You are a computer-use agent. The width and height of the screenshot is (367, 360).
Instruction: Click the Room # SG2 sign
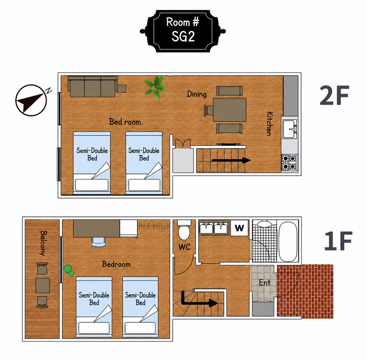[183, 31]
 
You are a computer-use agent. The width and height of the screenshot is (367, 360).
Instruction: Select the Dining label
[197, 94]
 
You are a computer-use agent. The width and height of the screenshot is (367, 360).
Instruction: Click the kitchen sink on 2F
[290, 129]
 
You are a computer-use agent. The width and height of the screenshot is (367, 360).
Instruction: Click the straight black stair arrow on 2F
[231, 160]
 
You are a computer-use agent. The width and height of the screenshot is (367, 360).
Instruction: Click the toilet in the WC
[184, 230]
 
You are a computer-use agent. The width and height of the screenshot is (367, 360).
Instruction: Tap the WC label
[185, 247]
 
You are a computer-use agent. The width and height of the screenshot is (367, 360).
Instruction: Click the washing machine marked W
[239, 228]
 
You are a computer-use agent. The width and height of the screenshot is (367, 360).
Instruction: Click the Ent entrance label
[265, 283]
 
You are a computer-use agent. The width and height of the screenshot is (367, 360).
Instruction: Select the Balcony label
[43, 243]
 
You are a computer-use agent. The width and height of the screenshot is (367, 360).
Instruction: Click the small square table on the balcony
[43, 285]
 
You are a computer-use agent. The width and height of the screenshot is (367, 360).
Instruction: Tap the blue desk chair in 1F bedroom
[99, 242]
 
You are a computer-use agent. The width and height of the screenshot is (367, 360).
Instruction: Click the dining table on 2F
[230, 109]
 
